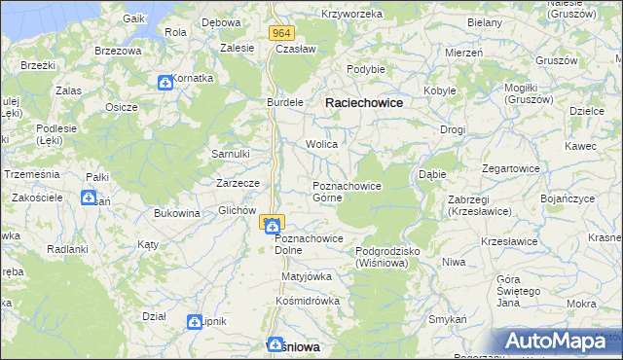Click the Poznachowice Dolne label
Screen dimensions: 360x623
tap(309, 244)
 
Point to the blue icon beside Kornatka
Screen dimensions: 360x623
tap(165, 83)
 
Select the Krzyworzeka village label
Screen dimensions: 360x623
tap(355, 15)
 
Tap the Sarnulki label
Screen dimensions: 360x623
tap(232, 154)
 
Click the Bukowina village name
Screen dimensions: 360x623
tap(177, 212)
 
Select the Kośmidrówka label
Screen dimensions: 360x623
tap(308, 301)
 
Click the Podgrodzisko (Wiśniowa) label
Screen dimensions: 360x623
tap(387, 257)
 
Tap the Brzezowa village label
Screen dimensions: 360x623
tap(119, 50)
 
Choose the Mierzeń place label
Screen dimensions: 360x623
tap(463, 53)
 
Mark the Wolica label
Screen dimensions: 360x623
tap(322, 144)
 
